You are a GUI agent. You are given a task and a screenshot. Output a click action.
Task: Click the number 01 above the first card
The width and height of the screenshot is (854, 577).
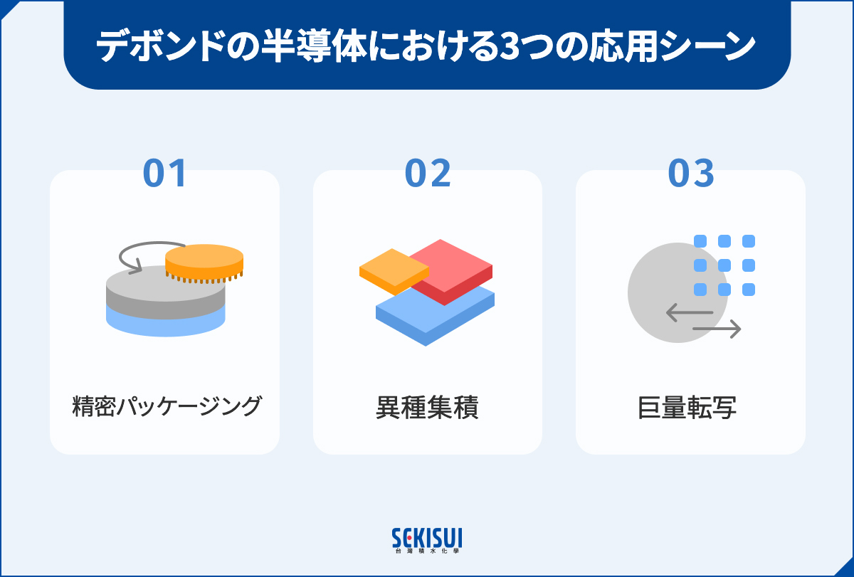coord(164,174)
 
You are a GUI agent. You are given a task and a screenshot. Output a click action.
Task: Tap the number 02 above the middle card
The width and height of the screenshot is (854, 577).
coord(428,174)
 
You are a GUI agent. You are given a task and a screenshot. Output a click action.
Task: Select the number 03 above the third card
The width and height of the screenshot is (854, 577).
coord(690,174)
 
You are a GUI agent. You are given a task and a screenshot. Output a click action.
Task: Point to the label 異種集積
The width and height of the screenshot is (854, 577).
coord(427,408)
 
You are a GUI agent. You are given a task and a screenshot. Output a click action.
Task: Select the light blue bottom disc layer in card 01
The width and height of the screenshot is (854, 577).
coord(165,324)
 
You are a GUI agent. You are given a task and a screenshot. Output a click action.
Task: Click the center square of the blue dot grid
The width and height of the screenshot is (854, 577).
coord(724,265)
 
